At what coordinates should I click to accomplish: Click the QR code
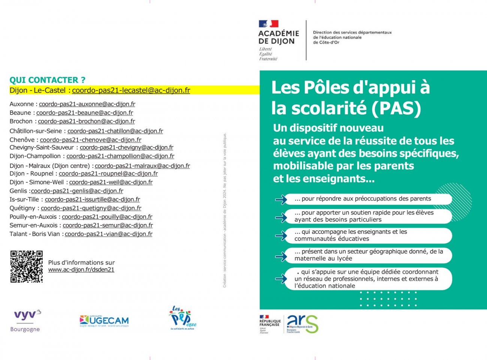[x=26, y=266]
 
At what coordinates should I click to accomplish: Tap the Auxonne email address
[x=87, y=104]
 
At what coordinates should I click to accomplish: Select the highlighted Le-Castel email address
[x=131, y=90]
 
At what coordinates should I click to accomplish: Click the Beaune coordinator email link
[x=85, y=113]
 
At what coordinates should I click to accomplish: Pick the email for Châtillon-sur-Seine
[x=115, y=131]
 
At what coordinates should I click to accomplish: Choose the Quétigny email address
[x=91, y=208]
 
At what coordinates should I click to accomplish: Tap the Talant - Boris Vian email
[x=109, y=234]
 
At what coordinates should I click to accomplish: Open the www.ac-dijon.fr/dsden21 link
[x=81, y=270]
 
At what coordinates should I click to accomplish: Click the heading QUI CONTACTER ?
[x=47, y=80]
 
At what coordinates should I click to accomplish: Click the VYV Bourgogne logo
[x=25, y=321]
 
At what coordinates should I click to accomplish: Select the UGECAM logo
[x=104, y=321]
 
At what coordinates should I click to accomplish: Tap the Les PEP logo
[x=182, y=318]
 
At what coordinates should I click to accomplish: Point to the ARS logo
[x=302, y=324]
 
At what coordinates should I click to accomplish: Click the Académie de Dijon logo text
[x=278, y=37]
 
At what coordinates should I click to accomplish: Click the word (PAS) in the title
[x=396, y=108]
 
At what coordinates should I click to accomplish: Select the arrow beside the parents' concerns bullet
[x=281, y=199]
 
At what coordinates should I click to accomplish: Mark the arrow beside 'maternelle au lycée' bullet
[x=281, y=257]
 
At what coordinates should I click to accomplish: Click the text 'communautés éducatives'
[x=332, y=239]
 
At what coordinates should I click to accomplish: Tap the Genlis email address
[x=77, y=191]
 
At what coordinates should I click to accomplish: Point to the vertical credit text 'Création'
[x=225, y=280]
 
